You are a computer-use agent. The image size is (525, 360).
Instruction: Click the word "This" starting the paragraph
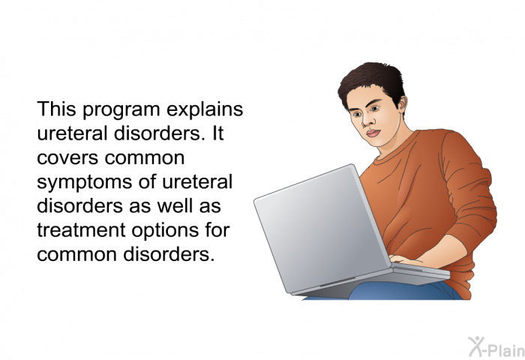coord(56,109)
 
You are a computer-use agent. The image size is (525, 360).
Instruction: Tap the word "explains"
coord(205,110)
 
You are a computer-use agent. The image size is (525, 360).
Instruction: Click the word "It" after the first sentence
coord(217,133)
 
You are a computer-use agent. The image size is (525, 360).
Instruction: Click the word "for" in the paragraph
coord(217,229)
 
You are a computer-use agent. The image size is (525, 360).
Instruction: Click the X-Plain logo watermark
coord(496,346)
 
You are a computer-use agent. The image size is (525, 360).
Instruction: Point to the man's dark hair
coord(372,80)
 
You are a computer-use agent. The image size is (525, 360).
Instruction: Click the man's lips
coord(373,133)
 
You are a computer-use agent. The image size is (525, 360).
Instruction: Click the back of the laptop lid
coord(322,228)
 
